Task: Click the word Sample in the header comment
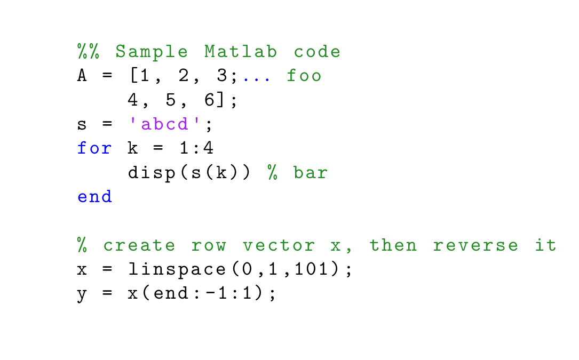[152, 52]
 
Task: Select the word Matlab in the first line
[241, 52]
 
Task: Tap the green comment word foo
[304, 76]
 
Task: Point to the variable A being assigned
[82, 76]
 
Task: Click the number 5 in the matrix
[170, 100]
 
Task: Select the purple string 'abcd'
[166, 124]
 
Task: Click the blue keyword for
[94, 148]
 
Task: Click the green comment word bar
[311, 173]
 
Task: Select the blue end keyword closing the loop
[94, 197]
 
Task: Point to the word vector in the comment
[279, 245]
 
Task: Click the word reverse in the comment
[475, 245]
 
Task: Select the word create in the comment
[139, 245]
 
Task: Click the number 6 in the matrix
[209, 100]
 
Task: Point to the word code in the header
[317, 52]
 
